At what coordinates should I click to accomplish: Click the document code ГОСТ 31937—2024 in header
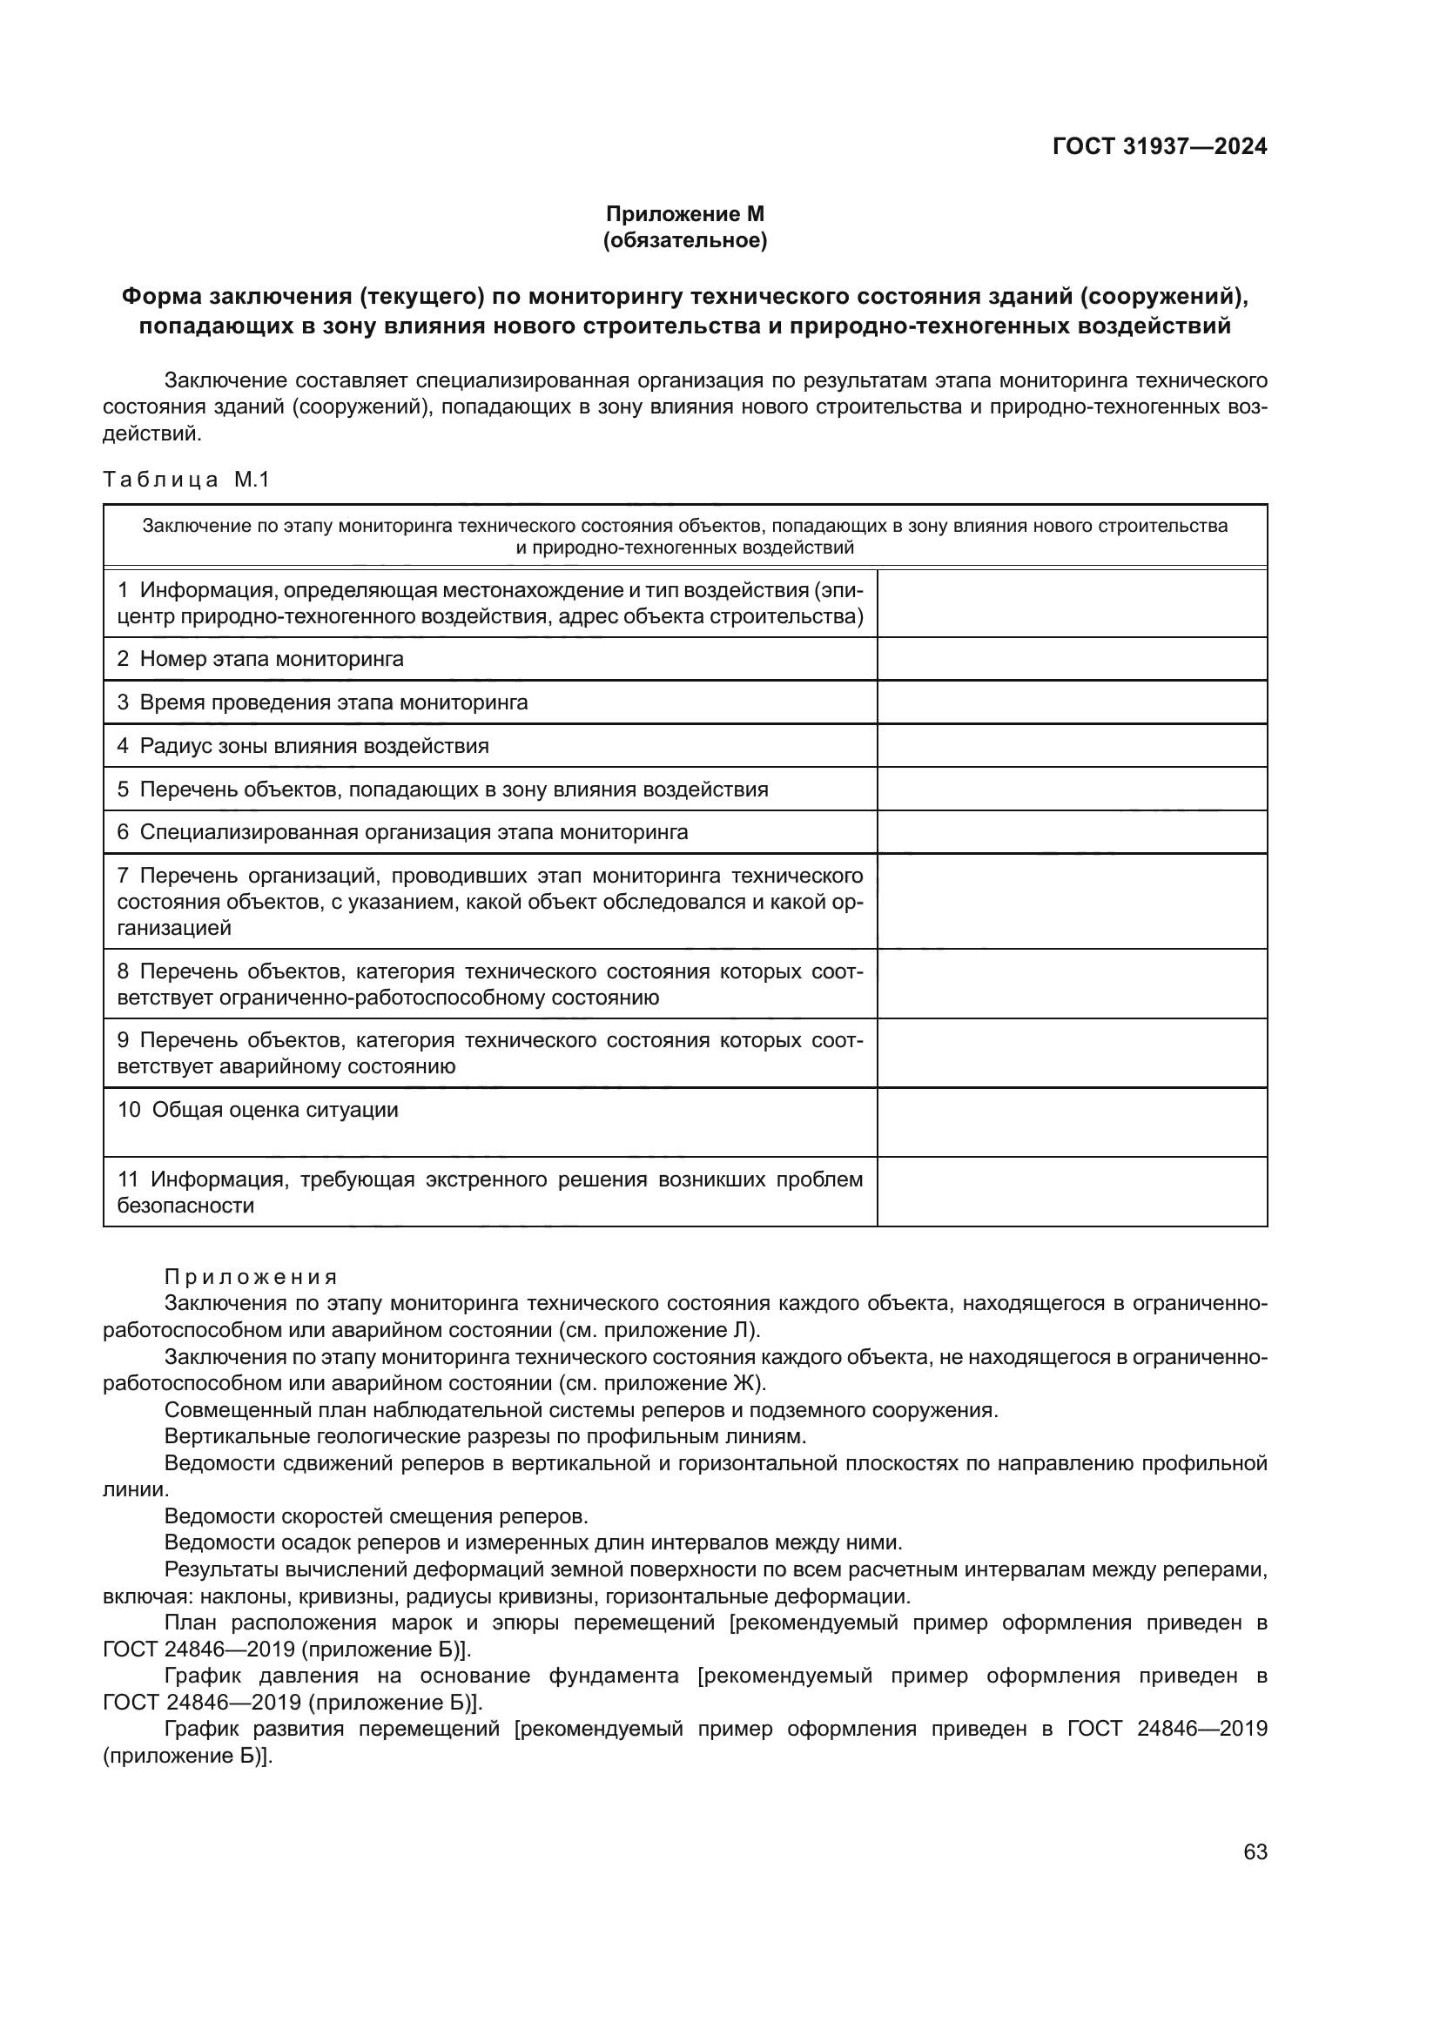click(x=1159, y=146)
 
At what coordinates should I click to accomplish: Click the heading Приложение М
click(x=684, y=214)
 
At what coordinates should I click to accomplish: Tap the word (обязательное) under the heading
click(x=684, y=240)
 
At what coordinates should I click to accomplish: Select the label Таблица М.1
click(x=186, y=480)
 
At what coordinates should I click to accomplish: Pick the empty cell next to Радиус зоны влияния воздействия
click(x=1071, y=746)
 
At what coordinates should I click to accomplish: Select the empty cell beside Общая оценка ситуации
click(x=1071, y=1122)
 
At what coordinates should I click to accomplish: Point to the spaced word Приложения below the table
click(x=251, y=1277)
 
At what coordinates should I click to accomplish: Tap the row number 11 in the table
click(x=129, y=1179)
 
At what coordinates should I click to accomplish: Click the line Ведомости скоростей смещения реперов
click(x=376, y=1516)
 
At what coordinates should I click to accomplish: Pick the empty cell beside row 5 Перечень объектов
click(x=1071, y=790)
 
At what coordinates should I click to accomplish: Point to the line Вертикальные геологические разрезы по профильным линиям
click(x=485, y=1436)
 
